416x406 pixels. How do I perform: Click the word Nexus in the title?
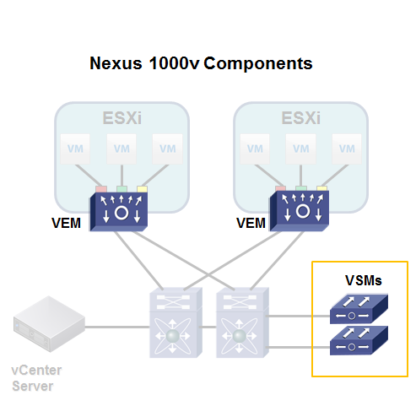point(116,63)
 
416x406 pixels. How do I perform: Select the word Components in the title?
point(258,63)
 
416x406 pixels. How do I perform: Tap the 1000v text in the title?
point(174,63)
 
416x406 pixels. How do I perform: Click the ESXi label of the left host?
point(122,117)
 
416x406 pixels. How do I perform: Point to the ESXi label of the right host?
point(300,117)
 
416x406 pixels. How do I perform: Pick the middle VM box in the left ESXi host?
point(122,149)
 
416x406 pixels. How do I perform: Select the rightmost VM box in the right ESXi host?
point(347,149)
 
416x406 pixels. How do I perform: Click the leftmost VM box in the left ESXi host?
point(75,149)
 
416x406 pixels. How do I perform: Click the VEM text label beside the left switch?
point(66,223)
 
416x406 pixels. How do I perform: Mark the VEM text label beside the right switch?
point(251,223)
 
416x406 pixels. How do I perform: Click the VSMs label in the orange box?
point(364,280)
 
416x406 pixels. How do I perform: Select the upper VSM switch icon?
point(359,309)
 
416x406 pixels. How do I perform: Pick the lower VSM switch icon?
point(359,340)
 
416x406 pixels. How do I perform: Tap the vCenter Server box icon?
point(49,323)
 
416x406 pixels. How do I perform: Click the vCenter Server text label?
point(36,378)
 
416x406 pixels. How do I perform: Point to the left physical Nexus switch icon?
point(176,322)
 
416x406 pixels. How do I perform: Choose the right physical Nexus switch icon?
point(242,322)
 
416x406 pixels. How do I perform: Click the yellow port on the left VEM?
point(142,189)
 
